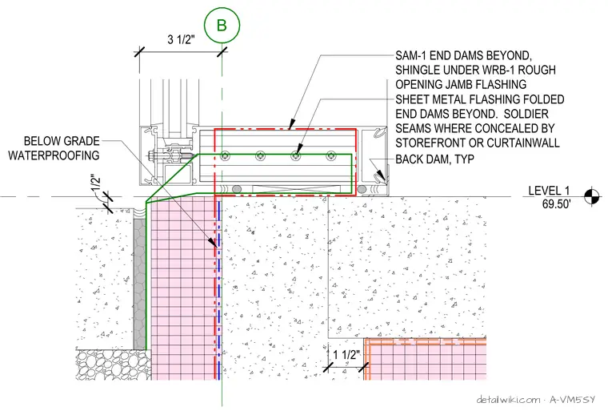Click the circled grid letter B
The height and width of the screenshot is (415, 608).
[x=222, y=25]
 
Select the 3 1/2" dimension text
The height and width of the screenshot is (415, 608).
[x=181, y=39]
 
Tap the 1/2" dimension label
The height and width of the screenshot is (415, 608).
[x=96, y=183]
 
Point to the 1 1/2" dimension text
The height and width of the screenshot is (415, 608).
[x=346, y=355]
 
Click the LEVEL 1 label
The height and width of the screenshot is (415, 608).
[x=549, y=191]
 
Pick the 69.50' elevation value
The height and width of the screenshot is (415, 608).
[x=557, y=203]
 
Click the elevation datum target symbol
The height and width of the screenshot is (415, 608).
[x=592, y=196]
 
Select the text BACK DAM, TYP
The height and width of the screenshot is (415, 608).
[x=434, y=159]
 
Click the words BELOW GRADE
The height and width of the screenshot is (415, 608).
[x=62, y=140]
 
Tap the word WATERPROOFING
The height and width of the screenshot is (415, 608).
[x=54, y=155]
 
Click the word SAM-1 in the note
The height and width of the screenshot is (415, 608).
[x=410, y=55]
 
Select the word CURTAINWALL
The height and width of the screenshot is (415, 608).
[x=523, y=143]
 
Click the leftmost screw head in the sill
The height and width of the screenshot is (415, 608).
[x=226, y=156]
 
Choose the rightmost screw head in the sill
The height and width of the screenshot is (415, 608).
[x=330, y=156]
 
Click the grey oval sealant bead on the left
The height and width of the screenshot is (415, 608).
[x=236, y=189]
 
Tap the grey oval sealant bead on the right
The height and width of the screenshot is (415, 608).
[x=362, y=189]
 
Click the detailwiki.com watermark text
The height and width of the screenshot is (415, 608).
[x=508, y=399]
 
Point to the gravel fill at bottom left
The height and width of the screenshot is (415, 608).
[x=114, y=365]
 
